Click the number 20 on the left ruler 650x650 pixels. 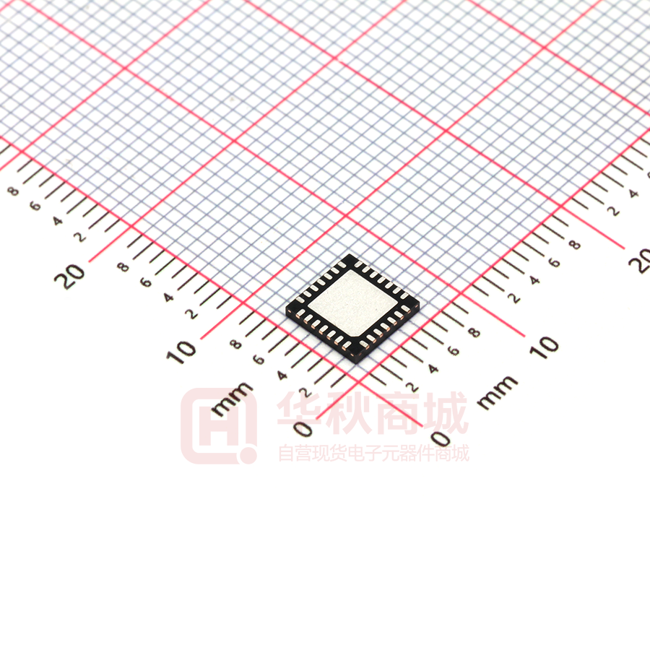pos(69,277)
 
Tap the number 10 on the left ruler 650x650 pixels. pos(181,352)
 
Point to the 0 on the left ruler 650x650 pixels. pos(303,428)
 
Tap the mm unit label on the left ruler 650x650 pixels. pos(232,399)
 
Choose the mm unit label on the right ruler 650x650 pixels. pos(498,393)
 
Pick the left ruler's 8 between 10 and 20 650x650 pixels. pos(123,266)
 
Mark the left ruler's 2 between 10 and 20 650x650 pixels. pos(191,314)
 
